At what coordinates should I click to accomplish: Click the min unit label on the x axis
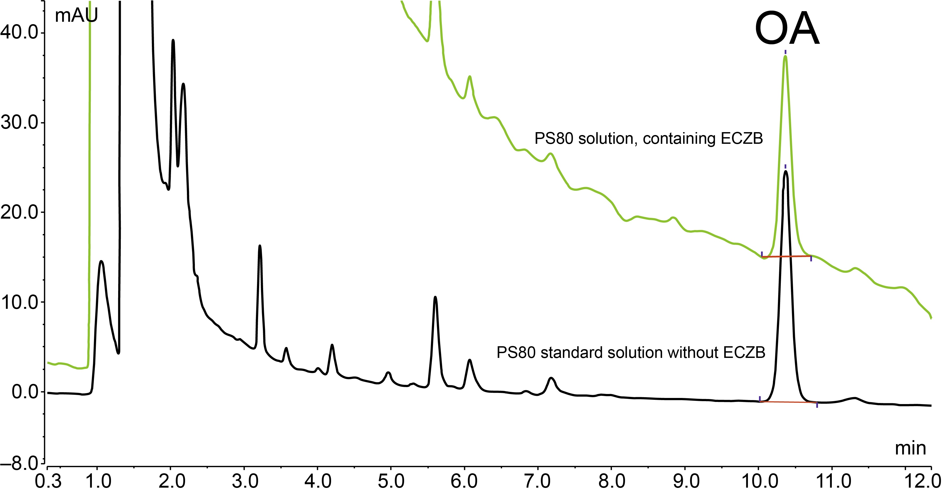click(x=910, y=448)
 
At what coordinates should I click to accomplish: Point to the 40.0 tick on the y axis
click(x=20, y=33)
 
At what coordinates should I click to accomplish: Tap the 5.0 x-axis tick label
click(x=391, y=482)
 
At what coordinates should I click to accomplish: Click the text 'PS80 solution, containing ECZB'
click(x=649, y=139)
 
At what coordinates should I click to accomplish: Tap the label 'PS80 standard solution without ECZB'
click(x=631, y=353)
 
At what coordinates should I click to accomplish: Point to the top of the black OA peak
click(x=786, y=171)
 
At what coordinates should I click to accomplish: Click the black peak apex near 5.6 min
click(x=435, y=297)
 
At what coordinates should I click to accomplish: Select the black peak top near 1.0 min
click(x=101, y=261)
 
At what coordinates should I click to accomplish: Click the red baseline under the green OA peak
click(x=786, y=257)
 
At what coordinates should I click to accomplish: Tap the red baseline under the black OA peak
click(x=788, y=402)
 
